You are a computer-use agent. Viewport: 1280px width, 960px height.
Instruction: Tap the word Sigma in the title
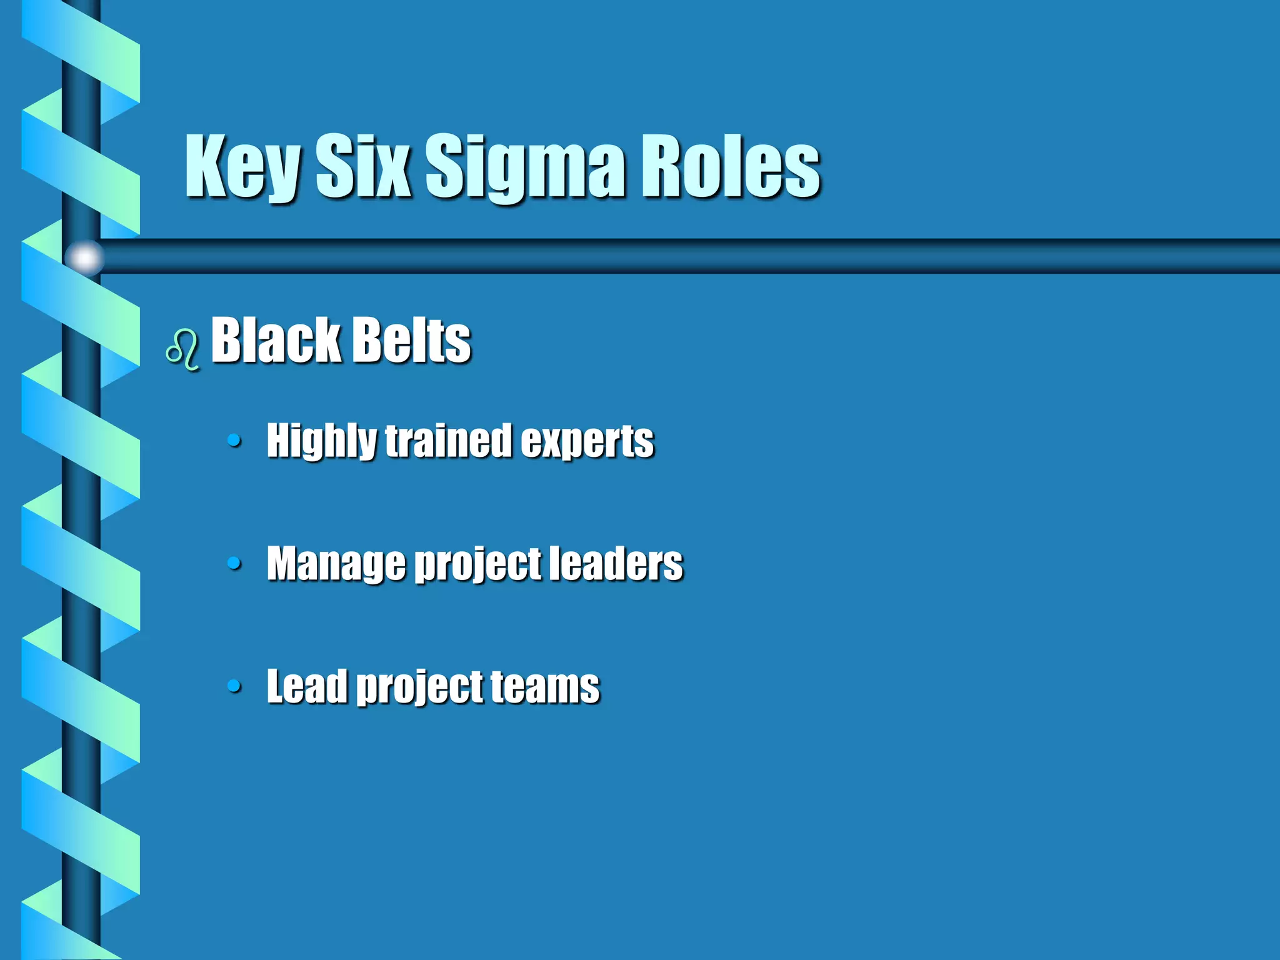pyautogui.click(x=525, y=167)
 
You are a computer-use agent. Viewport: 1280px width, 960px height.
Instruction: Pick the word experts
pyautogui.click(x=587, y=441)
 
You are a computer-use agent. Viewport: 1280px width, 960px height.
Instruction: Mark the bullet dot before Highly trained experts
pyautogui.click(x=234, y=441)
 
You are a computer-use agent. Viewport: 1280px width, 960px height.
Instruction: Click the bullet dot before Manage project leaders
pyautogui.click(x=234, y=563)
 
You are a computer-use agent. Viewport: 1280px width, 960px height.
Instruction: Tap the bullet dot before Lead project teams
pyautogui.click(x=234, y=686)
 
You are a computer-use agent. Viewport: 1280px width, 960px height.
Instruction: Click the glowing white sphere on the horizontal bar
pyautogui.click(x=84, y=257)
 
